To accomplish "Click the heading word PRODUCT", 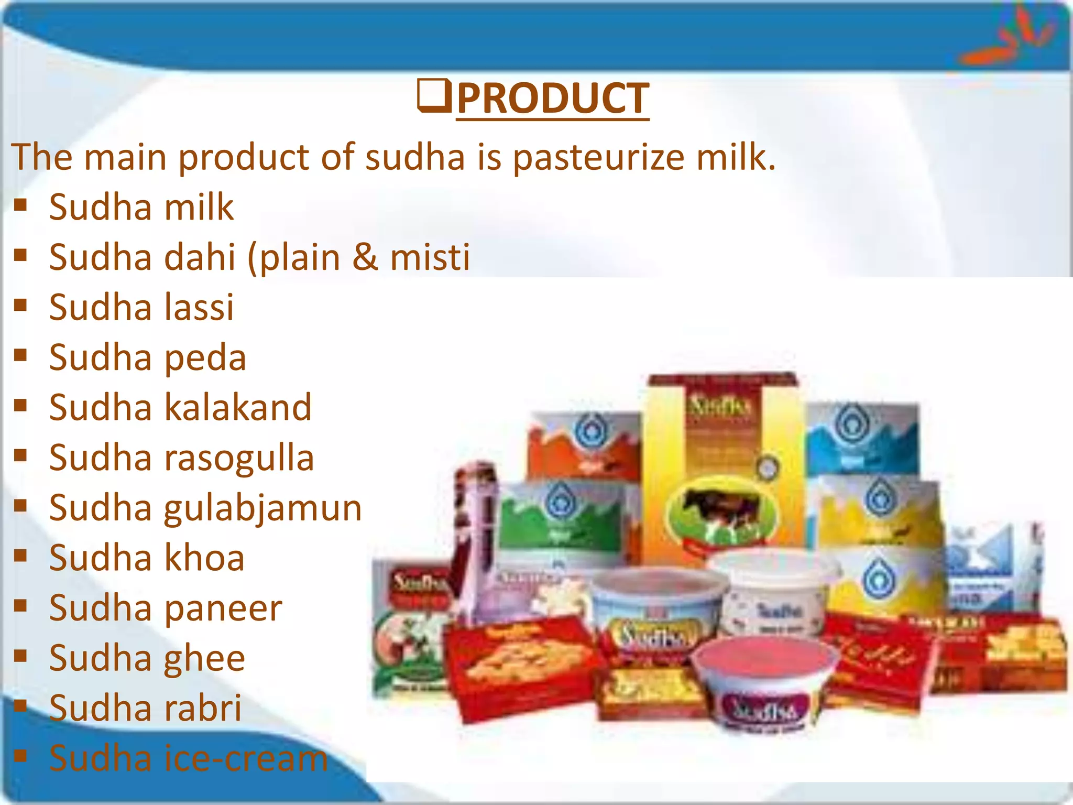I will click(553, 99).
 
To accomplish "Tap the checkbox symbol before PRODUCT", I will click(434, 95).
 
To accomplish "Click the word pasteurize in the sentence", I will click(598, 157).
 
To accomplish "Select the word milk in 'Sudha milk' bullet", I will click(199, 207).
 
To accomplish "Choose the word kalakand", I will click(238, 408).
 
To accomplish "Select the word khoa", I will click(204, 558).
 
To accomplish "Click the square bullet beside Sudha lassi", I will click(20, 305).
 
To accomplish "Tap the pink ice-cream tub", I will click(762, 681).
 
